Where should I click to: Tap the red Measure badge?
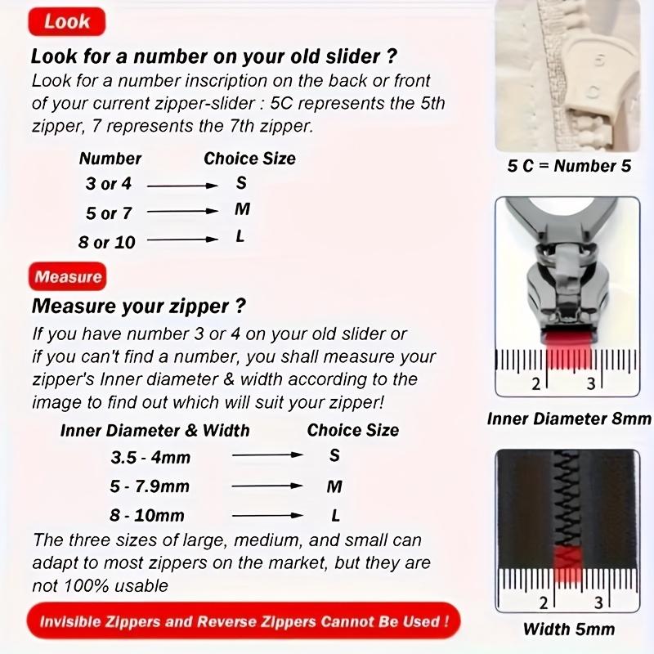(x=68, y=277)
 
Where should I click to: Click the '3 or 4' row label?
(x=109, y=184)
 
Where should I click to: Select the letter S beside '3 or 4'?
(x=241, y=182)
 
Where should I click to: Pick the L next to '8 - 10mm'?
(x=335, y=515)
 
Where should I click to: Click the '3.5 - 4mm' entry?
(x=150, y=457)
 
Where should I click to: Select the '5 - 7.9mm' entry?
(x=150, y=486)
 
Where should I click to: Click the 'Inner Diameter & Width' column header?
(x=155, y=430)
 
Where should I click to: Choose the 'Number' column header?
(x=110, y=159)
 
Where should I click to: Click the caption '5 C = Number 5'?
(x=569, y=166)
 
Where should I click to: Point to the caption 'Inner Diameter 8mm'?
(x=569, y=419)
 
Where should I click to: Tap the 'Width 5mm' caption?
(x=569, y=629)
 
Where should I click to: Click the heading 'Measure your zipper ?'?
(x=138, y=307)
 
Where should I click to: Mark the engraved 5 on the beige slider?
(x=599, y=62)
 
